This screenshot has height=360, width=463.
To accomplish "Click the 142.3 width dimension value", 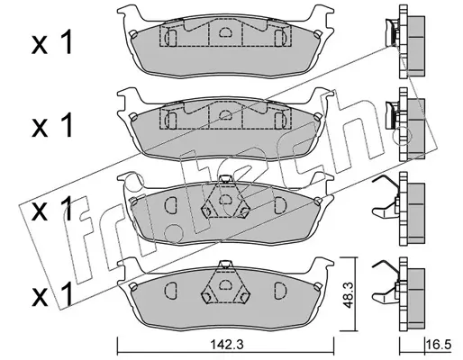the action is [226, 345].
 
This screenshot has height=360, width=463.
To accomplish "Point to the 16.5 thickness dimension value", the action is [439, 345].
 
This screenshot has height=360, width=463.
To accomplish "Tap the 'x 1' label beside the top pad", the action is [52, 43].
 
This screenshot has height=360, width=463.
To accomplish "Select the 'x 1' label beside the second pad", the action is [52, 126].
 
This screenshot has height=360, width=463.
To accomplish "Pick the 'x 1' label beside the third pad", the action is [52, 209].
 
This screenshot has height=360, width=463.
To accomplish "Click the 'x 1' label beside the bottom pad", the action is [52, 294].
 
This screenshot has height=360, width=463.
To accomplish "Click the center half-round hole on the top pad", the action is [225, 31].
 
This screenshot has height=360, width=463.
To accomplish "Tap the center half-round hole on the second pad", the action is [225, 114].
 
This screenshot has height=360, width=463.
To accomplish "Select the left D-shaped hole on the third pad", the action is [171, 205].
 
